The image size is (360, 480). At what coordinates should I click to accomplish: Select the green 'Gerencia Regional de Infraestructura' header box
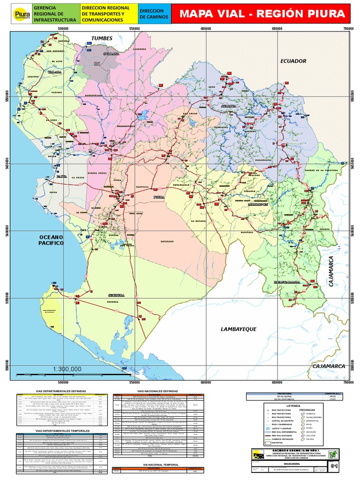(55, 15)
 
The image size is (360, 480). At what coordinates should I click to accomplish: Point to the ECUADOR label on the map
(293, 61)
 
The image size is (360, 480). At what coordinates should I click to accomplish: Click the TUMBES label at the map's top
(102, 38)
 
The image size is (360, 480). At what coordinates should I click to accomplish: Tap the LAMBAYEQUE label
(239, 329)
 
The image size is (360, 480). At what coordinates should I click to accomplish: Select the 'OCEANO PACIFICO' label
(51, 240)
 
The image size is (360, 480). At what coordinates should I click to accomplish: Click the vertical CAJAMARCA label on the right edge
(331, 271)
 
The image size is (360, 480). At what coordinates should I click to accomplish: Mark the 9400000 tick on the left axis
(7, 231)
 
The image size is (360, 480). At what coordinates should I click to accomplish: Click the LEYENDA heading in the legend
(292, 406)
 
